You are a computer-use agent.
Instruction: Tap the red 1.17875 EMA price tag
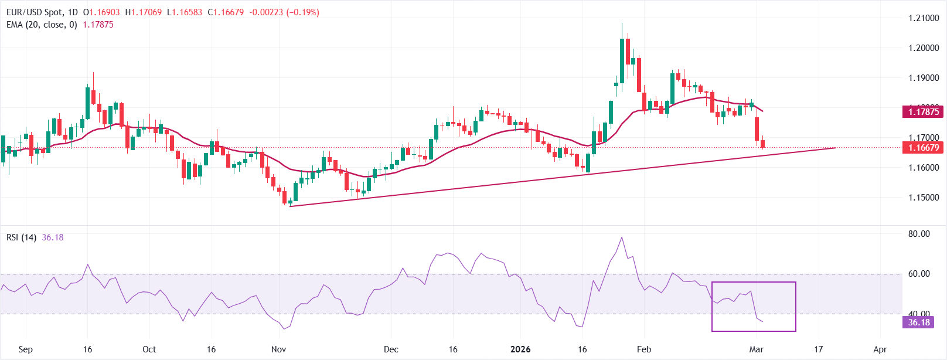[x=923, y=111]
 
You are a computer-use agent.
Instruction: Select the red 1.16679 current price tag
[x=923, y=148]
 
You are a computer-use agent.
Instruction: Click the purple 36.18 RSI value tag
[x=919, y=322]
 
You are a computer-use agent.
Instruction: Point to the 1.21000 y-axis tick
[x=924, y=18]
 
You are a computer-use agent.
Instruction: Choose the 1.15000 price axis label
[x=924, y=198]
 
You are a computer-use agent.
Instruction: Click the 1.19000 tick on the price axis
[x=924, y=78]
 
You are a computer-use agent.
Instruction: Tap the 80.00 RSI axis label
[x=919, y=234]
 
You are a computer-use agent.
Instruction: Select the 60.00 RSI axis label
[x=919, y=274]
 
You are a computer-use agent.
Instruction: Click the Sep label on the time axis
[x=26, y=349]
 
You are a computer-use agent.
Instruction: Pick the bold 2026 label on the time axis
[x=520, y=349]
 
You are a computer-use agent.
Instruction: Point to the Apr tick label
[x=880, y=349]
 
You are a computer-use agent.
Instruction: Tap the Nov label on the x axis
[x=279, y=349]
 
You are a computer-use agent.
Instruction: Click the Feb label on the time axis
[x=644, y=349]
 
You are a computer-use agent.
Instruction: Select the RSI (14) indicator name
[x=22, y=237]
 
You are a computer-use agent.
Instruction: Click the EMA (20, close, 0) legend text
[x=42, y=25]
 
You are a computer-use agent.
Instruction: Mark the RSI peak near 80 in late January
[x=622, y=237]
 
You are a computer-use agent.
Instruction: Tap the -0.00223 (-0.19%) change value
[x=284, y=12]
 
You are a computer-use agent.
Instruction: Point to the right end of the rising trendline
[x=835, y=148]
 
